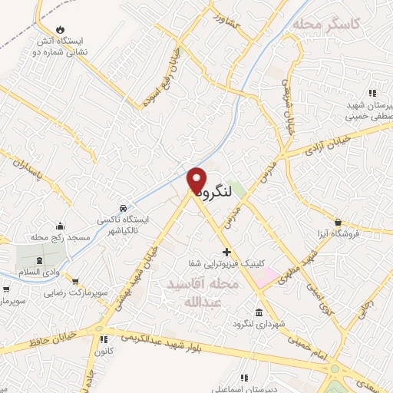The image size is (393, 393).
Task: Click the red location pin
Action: (x=197, y=181)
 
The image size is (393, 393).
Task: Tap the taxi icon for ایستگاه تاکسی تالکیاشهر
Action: (x=123, y=208)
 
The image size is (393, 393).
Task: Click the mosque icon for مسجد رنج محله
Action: (x=61, y=226)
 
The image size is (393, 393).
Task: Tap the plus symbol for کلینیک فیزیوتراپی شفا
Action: (x=226, y=252)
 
